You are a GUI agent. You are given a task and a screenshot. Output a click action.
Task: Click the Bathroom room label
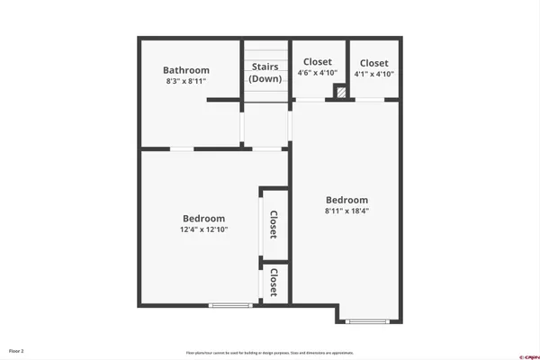(x=186, y=70)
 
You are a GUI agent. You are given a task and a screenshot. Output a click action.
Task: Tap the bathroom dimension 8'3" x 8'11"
(x=186, y=82)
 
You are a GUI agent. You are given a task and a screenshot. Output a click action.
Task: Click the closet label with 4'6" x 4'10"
(x=318, y=62)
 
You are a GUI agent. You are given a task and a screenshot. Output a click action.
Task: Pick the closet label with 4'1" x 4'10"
(x=373, y=62)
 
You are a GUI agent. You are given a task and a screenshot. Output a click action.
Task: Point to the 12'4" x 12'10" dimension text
(x=204, y=229)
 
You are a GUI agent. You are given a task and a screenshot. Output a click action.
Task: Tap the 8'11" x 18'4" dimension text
(x=346, y=211)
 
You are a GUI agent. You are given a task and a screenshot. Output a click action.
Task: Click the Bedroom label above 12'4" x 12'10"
(x=204, y=218)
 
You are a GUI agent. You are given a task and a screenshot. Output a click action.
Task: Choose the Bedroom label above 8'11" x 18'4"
(x=346, y=200)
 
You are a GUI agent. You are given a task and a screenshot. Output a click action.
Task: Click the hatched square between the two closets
(x=340, y=91)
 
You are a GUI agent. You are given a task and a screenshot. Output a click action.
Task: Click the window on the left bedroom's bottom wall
(x=229, y=306)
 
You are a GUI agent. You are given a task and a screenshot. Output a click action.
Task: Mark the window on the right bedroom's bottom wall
(x=368, y=321)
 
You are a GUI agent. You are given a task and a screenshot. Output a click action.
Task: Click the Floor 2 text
(x=17, y=350)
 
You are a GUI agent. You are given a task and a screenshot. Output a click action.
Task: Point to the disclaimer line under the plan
(x=270, y=353)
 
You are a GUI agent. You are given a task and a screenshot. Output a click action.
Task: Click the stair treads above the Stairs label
(x=265, y=52)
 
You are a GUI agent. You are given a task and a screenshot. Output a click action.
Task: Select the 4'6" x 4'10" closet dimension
(x=318, y=73)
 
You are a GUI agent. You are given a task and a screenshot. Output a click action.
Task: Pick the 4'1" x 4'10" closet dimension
(x=373, y=73)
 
